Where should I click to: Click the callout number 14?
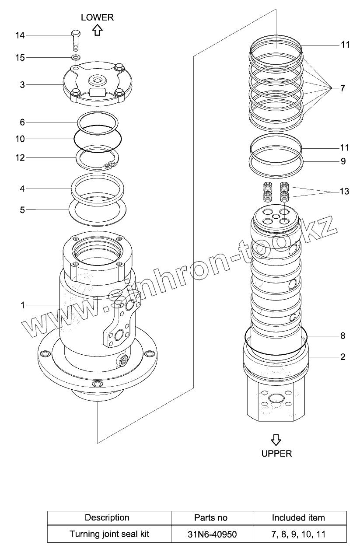[20, 35]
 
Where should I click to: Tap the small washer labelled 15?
[76, 57]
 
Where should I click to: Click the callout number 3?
[22, 84]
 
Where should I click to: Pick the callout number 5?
[22, 210]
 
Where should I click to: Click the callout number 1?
[22, 305]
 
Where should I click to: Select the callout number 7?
[342, 88]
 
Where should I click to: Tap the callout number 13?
[344, 192]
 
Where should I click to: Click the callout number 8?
[343, 335]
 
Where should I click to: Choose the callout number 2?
[343, 357]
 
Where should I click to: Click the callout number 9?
[343, 161]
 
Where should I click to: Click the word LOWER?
[97, 17]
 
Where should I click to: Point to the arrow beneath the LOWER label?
[97, 30]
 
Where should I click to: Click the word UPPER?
[276, 453]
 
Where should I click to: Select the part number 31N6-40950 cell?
[211, 534]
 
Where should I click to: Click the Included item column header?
[298, 518]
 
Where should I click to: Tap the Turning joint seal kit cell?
[109, 534]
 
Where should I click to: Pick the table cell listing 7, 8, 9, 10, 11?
[298, 534]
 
